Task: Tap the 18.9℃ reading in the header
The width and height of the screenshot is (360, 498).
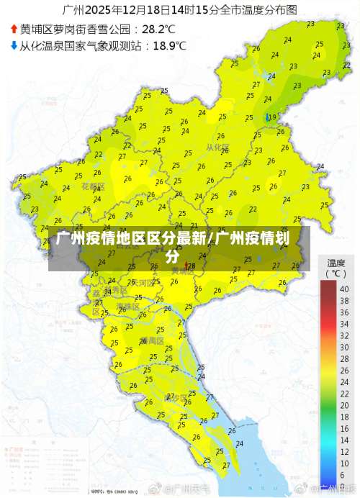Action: point(169,45)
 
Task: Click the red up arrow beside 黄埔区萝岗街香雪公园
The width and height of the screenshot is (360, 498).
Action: point(14,29)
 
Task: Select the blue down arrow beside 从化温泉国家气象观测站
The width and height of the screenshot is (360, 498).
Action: point(14,45)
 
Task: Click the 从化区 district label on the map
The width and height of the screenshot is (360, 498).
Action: point(217,148)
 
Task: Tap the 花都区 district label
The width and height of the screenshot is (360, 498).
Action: point(93,186)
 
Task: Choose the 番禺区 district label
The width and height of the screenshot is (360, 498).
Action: point(153,340)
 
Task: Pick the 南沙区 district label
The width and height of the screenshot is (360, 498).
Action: point(176,397)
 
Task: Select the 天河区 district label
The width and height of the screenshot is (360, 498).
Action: point(143,283)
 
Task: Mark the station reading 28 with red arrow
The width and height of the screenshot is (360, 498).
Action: point(191,266)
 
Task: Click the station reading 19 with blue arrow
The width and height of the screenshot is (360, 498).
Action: point(271,117)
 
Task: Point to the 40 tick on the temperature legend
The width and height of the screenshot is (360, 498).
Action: point(343,289)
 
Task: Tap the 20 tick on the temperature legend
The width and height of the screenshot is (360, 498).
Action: point(343,405)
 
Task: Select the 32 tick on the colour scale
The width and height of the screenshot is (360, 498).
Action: point(343,335)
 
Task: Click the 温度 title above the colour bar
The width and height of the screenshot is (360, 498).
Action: point(336,263)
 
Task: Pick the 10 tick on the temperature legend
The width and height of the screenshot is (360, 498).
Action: point(343,463)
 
